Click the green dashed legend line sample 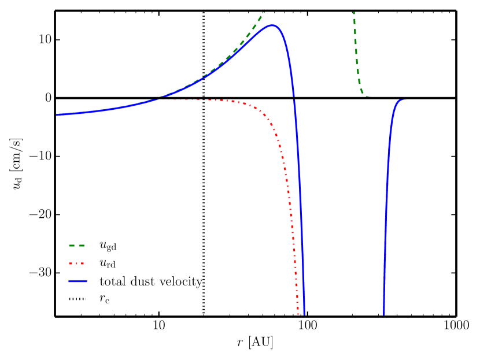[77, 246]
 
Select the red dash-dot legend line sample [77, 263]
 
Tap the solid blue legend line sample [77, 281]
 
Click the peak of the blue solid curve [272, 25]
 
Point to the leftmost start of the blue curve [57, 115]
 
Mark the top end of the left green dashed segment [264, 13]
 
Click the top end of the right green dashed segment [354, 13]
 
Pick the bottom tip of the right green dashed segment [368, 96]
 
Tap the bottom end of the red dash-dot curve [298, 314]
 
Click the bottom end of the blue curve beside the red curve [304, 314]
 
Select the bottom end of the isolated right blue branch [383, 314]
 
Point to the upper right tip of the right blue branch [405, 100]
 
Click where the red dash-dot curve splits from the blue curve [159, 99]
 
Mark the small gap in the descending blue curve [294, 98]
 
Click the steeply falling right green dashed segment [357, 58]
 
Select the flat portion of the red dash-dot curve [202, 100]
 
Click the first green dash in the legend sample [72, 246]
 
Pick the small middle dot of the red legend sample [77, 263]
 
